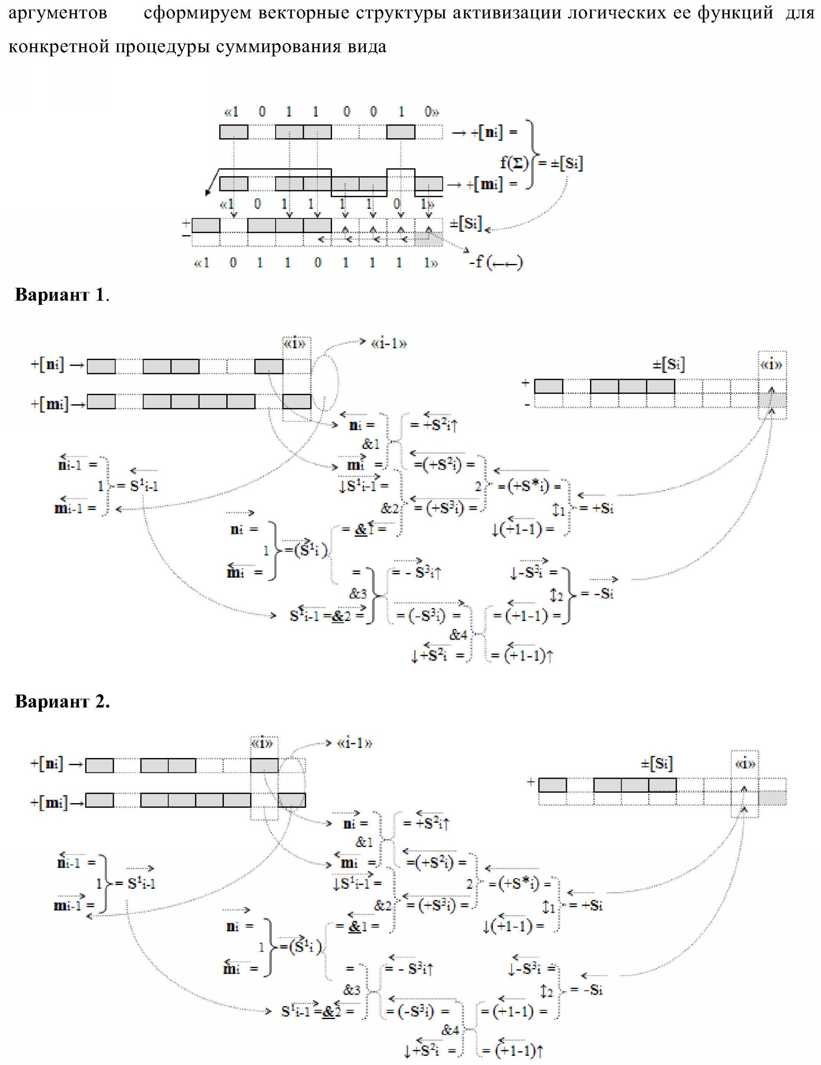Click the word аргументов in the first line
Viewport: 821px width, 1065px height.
(x=58, y=13)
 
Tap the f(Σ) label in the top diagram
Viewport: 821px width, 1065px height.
(x=514, y=163)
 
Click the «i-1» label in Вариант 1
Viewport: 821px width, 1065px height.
(x=389, y=344)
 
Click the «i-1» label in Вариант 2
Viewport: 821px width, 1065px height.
(x=355, y=743)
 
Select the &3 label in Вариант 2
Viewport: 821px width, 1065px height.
(x=352, y=990)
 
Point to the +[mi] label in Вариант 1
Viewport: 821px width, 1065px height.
(x=48, y=404)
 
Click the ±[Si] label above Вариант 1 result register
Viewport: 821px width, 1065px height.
(x=668, y=364)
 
